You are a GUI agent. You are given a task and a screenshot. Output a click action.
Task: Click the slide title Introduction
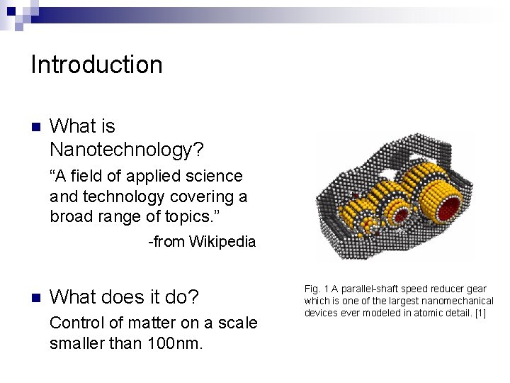pos(96,65)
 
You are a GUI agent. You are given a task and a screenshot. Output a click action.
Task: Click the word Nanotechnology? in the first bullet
pos(127,150)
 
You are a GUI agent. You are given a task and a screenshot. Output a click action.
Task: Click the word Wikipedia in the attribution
pos(222,242)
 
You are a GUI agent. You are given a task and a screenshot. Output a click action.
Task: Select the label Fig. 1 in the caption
pos(314,289)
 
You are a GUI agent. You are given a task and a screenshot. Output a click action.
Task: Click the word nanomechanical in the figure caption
pos(460,301)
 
